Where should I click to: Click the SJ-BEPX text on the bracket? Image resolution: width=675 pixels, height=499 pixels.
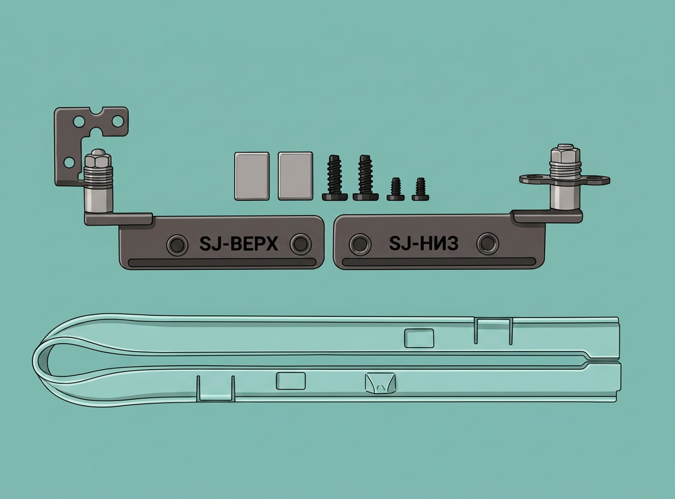pos(239,244)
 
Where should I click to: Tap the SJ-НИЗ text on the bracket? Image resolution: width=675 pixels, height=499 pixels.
pos(424,244)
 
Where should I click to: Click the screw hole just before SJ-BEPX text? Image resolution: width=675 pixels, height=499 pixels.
pos(177,245)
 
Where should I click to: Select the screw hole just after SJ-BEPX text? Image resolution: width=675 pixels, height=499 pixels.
pos(301,244)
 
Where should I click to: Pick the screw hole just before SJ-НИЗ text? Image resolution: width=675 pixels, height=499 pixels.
pos(360,244)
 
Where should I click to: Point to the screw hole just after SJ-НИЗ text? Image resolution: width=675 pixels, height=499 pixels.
pos(488,244)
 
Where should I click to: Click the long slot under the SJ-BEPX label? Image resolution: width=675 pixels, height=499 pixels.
pos(222,263)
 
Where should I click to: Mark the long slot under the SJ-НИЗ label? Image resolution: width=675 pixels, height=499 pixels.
pos(439,261)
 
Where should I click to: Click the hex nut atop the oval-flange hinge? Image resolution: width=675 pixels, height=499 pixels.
pos(565,153)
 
